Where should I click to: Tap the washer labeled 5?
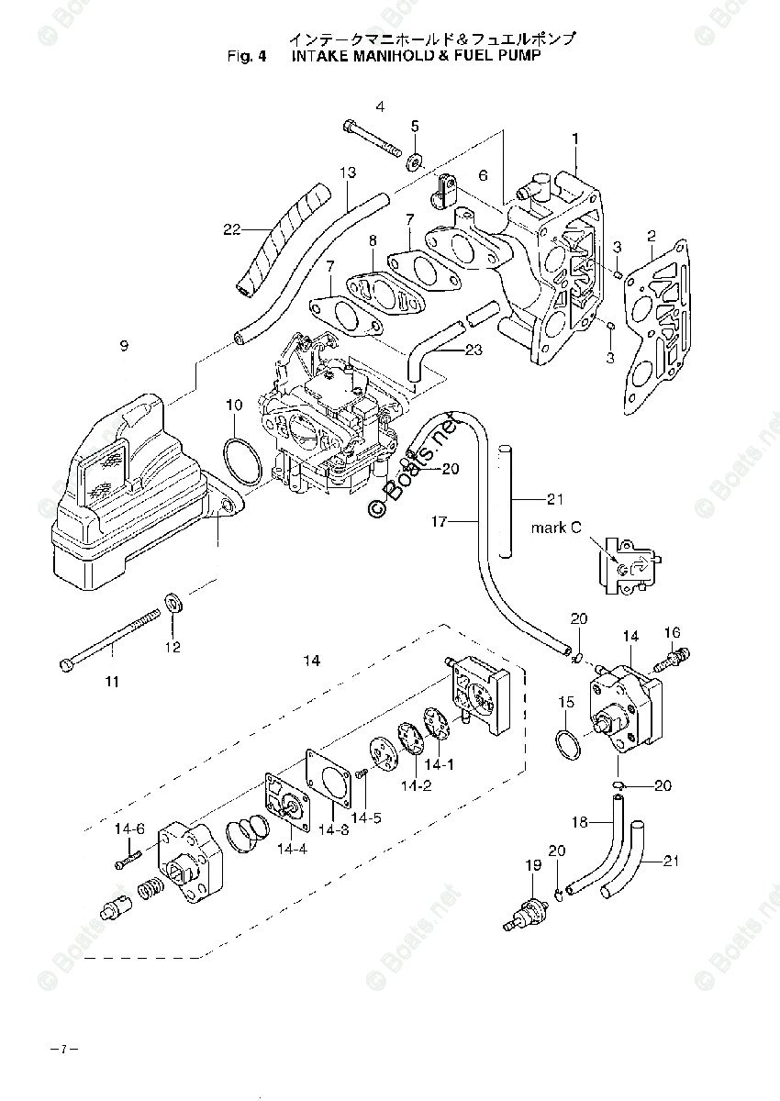click(x=415, y=162)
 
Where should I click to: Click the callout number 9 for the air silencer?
click(x=124, y=346)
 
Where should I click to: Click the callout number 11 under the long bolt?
click(x=111, y=682)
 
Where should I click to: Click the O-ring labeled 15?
click(x=569, y=744)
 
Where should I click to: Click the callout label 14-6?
click(x=129, y=829)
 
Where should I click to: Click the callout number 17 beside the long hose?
click(x=440, y=522)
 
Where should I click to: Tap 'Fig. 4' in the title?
click(x=247, y=56)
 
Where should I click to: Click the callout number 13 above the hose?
click(x=347, y=172)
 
